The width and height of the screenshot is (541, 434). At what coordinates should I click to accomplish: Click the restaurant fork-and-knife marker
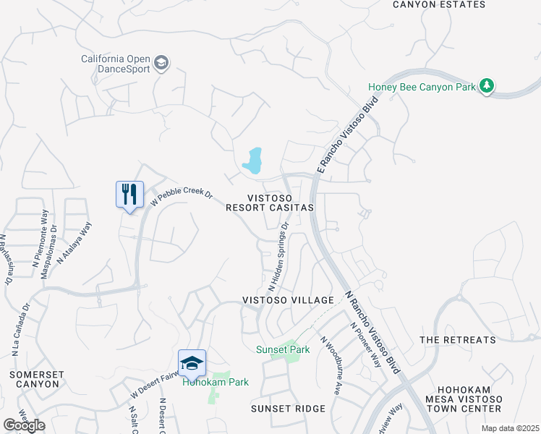[129, 195]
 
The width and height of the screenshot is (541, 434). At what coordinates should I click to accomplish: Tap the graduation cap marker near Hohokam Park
[192, 364]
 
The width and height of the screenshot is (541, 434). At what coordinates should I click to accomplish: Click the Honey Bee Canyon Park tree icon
[487, 86]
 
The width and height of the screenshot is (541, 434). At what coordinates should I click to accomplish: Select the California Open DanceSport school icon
[161, 64]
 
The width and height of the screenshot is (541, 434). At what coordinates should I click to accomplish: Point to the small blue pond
[252, 161]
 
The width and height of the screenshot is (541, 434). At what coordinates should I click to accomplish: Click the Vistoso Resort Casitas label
[270, 202]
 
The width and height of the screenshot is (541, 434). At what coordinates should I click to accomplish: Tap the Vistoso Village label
[288, 300]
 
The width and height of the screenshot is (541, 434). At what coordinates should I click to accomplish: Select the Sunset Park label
[283, 349]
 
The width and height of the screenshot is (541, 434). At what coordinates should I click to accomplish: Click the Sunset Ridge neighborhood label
[288, 409]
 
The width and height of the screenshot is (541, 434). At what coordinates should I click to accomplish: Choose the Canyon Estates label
[439, 4]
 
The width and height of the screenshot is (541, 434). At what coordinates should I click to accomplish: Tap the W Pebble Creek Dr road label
[181, 196]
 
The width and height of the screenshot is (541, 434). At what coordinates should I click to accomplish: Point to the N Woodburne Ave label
[331, 366]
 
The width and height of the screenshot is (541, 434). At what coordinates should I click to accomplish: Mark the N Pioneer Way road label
[365, 344]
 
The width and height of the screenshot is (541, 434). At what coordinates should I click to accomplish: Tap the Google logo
[24, 425]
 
